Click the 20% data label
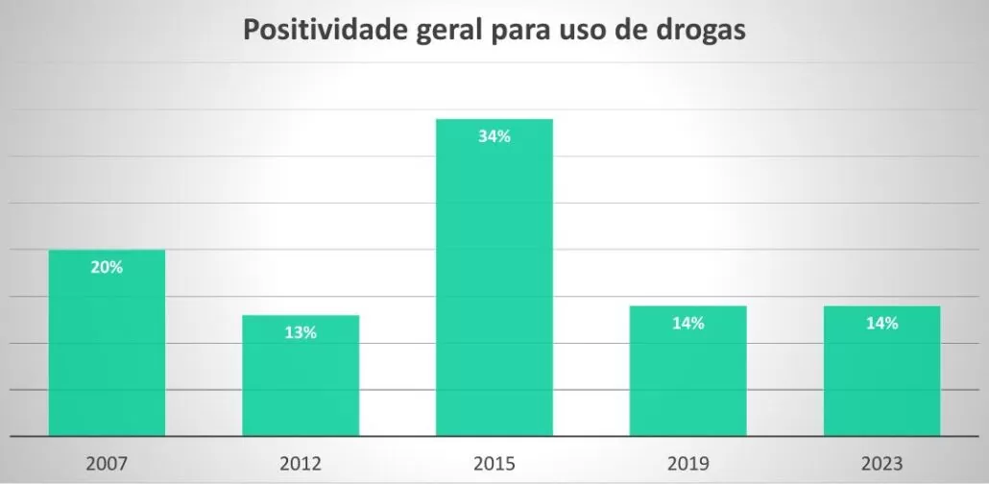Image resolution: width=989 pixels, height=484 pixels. (x=107, y=268)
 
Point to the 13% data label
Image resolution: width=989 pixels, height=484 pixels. (x=301, y=332)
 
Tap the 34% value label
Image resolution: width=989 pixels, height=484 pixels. (x=494, y=136)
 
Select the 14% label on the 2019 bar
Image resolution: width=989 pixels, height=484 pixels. (x=687, y=324)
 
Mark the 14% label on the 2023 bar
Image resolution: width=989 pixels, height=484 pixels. (x=881, y=324)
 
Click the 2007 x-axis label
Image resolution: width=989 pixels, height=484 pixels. (x=107, y=464)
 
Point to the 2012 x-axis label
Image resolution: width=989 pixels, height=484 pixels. (x=301, y=464)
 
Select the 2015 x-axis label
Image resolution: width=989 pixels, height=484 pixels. (x=494, y=464)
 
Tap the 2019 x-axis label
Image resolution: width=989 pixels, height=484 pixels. (x=687, y=464)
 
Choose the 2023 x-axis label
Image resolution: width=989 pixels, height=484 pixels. (x=881, y=464)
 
